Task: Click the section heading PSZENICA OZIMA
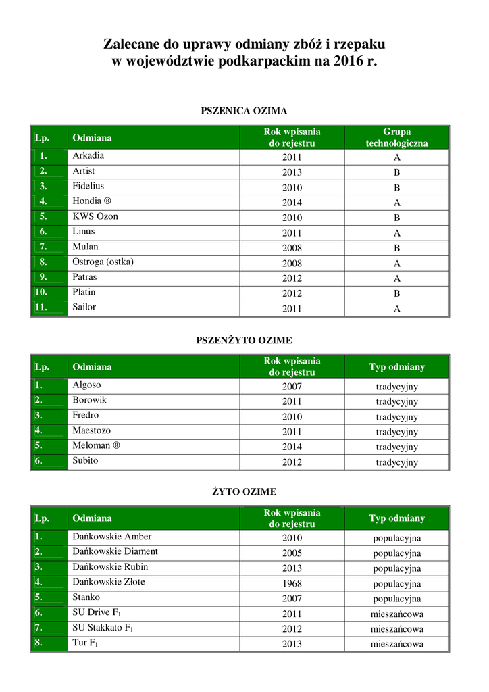tap(244, 110)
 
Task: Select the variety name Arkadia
tap(88, 155)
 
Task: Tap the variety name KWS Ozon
tap(95, 216)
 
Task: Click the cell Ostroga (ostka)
tap(103, 262)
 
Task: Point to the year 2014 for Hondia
tap(292, 203)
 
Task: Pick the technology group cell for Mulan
tap(397, 248)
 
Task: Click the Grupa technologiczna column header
tap(396, 137)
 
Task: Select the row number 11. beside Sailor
tap(41, 307)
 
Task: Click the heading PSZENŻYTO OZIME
tap(244, 340)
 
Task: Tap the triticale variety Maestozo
tap(92, 430)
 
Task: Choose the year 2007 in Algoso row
tap(292, 387)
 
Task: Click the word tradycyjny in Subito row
tap(397, 462)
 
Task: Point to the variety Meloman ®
tap(96, 445)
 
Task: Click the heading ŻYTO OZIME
tap(244, 491)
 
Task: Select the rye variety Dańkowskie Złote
tap(109, 582)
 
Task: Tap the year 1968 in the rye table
tap(292, 583)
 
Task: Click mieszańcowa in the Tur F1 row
tap(397, 644)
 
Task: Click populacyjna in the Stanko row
tap(397, 599)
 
